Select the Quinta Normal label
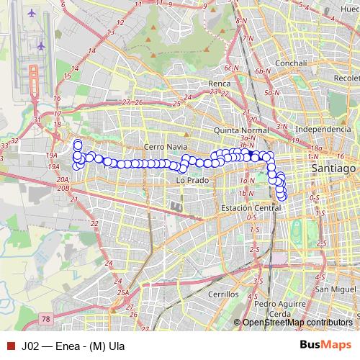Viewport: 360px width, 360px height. pyautogui.click(x=241, y=130)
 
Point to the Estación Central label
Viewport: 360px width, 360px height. pyautogui.click(x=251, y=208)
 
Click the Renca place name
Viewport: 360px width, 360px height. pyautogui.click(x=219, y=83)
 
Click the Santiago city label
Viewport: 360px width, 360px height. pyautogui.click(x=334, y=168)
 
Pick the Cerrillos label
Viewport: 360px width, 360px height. pyautogui.click(x=222, y=294)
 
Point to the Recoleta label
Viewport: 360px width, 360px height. pyautogui.click(x=346, y=78)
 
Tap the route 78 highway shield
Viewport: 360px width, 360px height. pyautogui.click(x=47, y=318)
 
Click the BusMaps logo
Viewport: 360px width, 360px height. pyautogui.click(x=321, y=344)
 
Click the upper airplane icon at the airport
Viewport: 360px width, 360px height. pyautogui.click(x=31, y=14)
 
